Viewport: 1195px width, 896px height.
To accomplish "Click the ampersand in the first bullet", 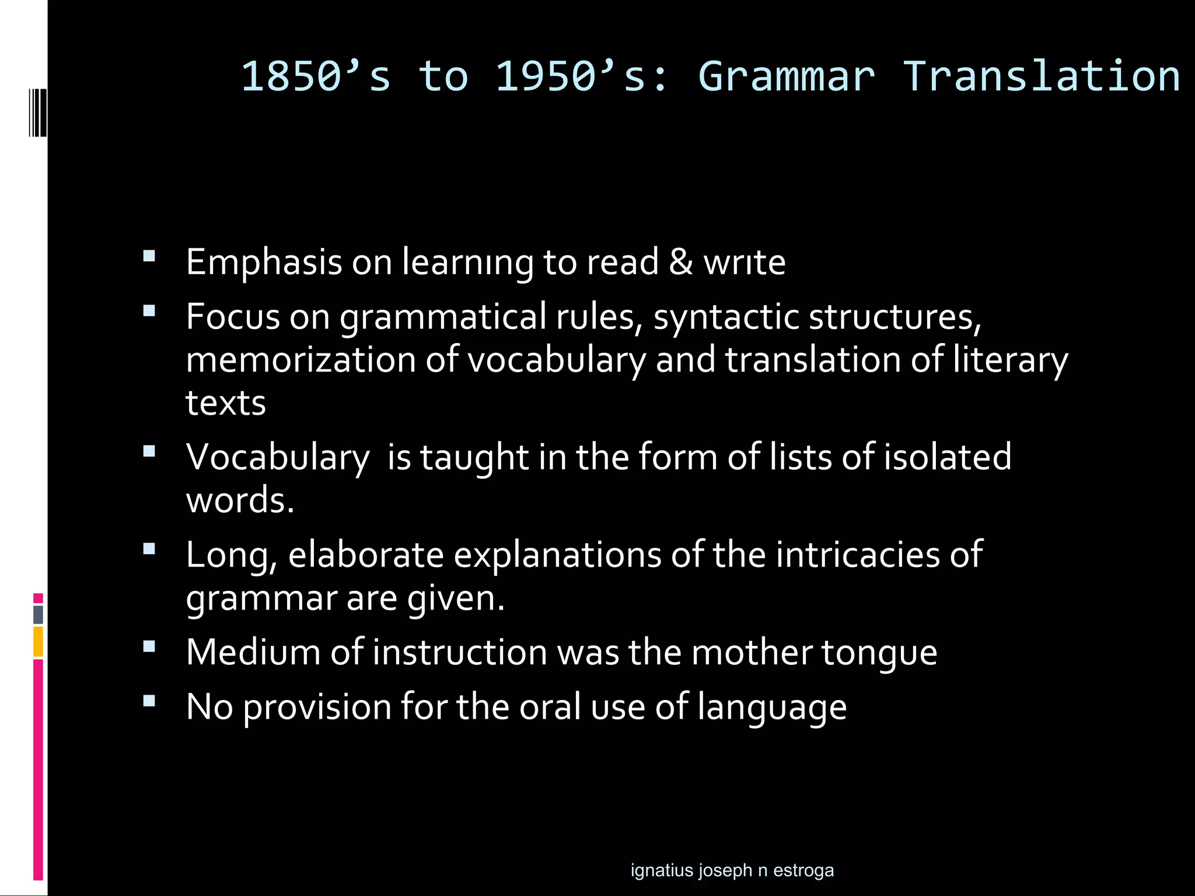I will (x=681, y=262).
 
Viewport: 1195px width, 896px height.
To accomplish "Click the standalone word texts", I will (x=226, y=403).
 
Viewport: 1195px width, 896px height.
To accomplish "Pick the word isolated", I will (x=947, y=456).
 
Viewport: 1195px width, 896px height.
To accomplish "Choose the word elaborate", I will (x=366, y=554).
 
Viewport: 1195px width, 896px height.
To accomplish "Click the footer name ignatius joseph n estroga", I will (x=732, y=870).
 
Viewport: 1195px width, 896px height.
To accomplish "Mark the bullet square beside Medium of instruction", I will (x=149, y=646).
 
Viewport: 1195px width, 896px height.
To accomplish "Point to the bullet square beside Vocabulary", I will (x=149, y=451).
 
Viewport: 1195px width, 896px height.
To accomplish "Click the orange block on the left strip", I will (x=39, y=641).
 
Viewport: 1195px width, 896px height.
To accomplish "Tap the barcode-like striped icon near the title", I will (x=38, y=113).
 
